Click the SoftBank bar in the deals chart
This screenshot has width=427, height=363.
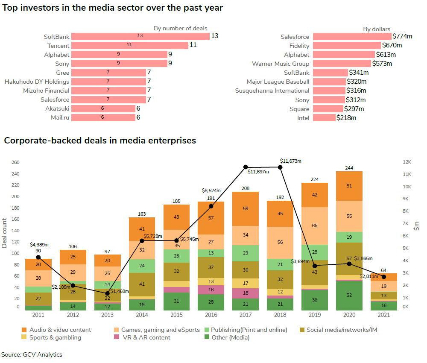click(x=140, y=36)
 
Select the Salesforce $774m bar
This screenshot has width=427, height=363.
click(x=352, y=37)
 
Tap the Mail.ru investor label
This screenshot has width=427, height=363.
click(x=60, y=117)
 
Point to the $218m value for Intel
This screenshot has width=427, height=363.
click(x=346, y=117)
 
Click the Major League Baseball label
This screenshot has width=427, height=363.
click(x=278, y=82)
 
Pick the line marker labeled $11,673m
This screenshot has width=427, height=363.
click(x=280, y=167)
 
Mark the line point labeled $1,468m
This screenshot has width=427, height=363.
click(x=107, y=293)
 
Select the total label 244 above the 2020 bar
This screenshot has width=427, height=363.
click(x=349, y=168)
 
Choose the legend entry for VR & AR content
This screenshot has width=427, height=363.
click(x=146, y=337)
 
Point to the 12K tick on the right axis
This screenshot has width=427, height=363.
click(x=406, y=162)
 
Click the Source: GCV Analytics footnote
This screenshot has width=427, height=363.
click(x=32, y=354)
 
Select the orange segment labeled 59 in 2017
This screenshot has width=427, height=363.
click(x=246, y=209)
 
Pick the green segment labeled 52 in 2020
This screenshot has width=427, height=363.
click(x=349, y=295)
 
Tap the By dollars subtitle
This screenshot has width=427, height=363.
click(x=377, y=29)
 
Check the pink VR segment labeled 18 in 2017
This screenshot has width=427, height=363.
click(x=246, y=293)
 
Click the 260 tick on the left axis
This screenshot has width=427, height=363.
click(x=15, y=162)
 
